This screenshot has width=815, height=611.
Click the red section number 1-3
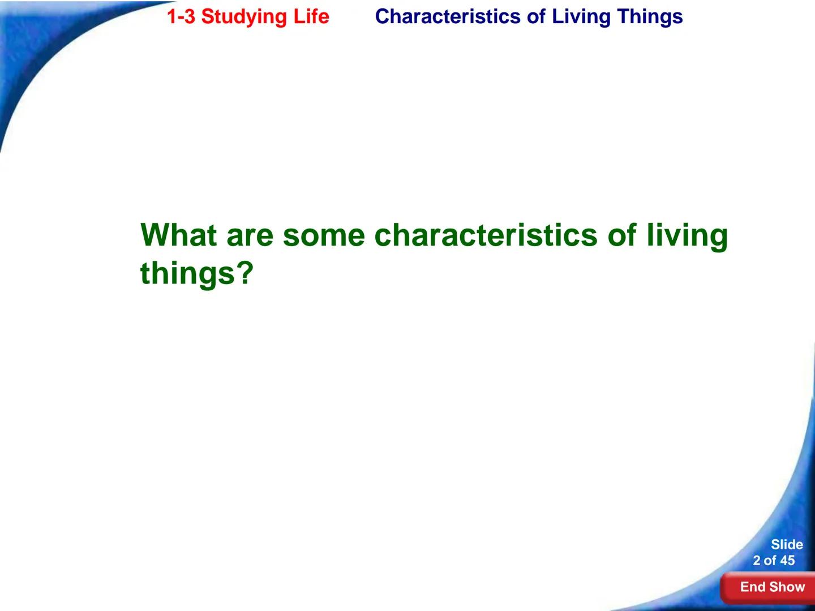(181, 16)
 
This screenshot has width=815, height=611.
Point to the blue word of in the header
(536, 16)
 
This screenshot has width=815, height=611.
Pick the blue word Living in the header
(582, 17)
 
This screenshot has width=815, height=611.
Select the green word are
(250, 235)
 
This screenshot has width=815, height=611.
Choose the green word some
(324, 235)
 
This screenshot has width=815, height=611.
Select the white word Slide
(787, 544)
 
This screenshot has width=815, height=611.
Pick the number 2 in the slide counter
(757, 561)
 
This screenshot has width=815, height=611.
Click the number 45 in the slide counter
(787, 561)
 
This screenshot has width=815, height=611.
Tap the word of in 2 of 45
(770, 561)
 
